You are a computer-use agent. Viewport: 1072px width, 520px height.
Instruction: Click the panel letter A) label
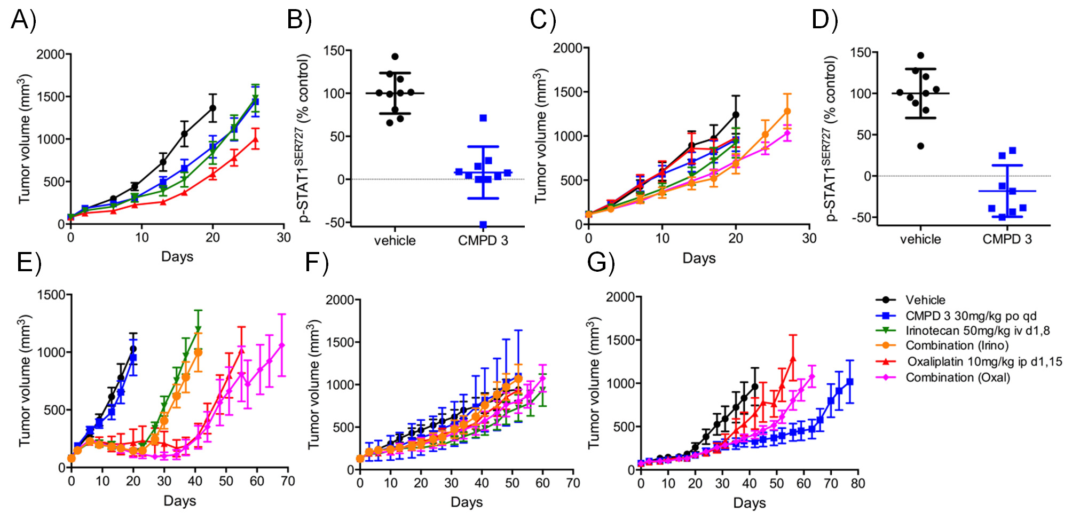(23, 20)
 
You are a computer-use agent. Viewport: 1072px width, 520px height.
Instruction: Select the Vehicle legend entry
(925, 300)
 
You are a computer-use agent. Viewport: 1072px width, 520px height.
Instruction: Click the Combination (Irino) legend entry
(957, 345)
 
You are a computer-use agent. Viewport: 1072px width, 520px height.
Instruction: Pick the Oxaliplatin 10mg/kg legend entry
(984, 361)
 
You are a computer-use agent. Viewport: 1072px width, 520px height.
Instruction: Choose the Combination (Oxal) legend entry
(958, 377)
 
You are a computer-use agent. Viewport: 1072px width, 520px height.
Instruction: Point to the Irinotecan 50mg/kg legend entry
(978, 330)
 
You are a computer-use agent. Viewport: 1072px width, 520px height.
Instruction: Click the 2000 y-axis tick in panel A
(50, 54)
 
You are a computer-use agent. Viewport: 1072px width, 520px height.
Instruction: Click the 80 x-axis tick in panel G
(858, 484)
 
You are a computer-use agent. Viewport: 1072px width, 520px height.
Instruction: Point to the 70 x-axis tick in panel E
(288, 481)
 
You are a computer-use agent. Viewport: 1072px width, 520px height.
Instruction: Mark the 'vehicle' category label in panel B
(395, 241)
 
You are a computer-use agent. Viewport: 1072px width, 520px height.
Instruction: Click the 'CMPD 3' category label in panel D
(1007, 239)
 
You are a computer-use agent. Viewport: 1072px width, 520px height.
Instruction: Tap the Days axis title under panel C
(699, 258)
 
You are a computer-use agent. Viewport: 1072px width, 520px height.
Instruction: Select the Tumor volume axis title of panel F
(314, 384)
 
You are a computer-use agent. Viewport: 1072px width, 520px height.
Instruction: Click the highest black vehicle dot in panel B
(395, 57)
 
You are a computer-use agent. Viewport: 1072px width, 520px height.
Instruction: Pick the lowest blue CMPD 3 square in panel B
(483, 225)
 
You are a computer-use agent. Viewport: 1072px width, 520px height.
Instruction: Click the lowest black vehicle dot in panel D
(920, 146)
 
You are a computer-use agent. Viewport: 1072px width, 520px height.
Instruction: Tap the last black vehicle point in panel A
(212, 108)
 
